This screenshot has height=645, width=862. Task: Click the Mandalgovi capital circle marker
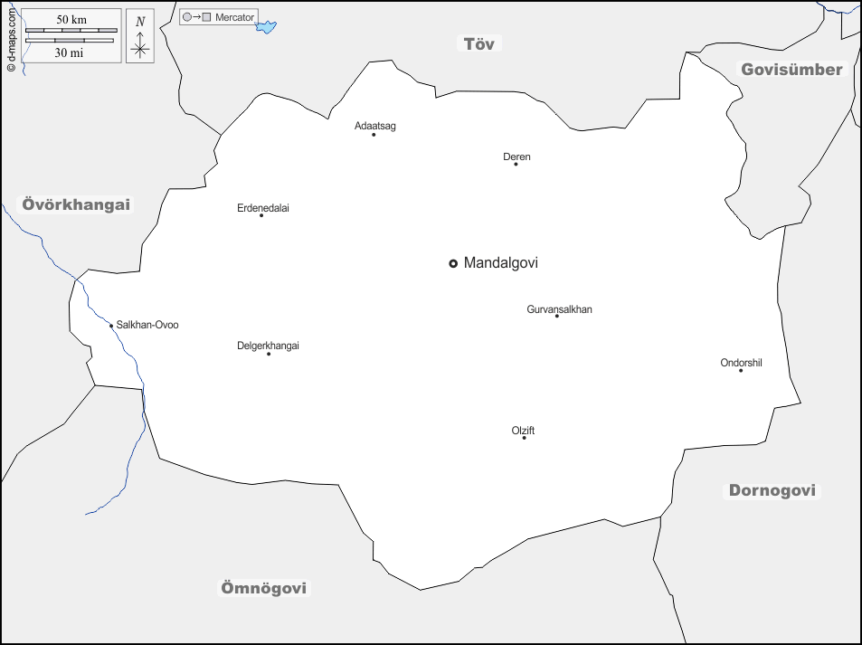(x=453, y=263)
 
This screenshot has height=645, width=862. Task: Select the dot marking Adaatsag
(x=374, y=135)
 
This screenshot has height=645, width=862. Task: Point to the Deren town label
(x=516, y=157)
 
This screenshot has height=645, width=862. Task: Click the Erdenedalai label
(x=263, y=208)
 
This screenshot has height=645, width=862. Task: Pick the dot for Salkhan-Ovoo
(x=111, y=326)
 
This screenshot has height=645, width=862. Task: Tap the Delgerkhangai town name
(x=268, y=346)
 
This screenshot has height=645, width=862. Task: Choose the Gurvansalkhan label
(x=559, y=309)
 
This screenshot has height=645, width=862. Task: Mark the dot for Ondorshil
(x=741, y=370)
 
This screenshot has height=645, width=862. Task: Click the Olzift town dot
(x=524, y=438)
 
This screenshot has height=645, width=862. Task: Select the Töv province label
(x=479, y=43)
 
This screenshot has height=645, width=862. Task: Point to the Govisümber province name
(x=791, y=70)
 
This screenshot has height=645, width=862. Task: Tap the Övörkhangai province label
(x=77, y=204)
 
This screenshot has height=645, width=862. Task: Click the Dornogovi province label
(x=772, y=490)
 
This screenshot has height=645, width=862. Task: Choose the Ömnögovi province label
(x=264, y=588)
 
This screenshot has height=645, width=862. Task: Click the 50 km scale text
(x=71, y=19)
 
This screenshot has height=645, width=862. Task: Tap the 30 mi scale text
(x=71, y=52)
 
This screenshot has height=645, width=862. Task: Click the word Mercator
(x=235, y=17)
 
